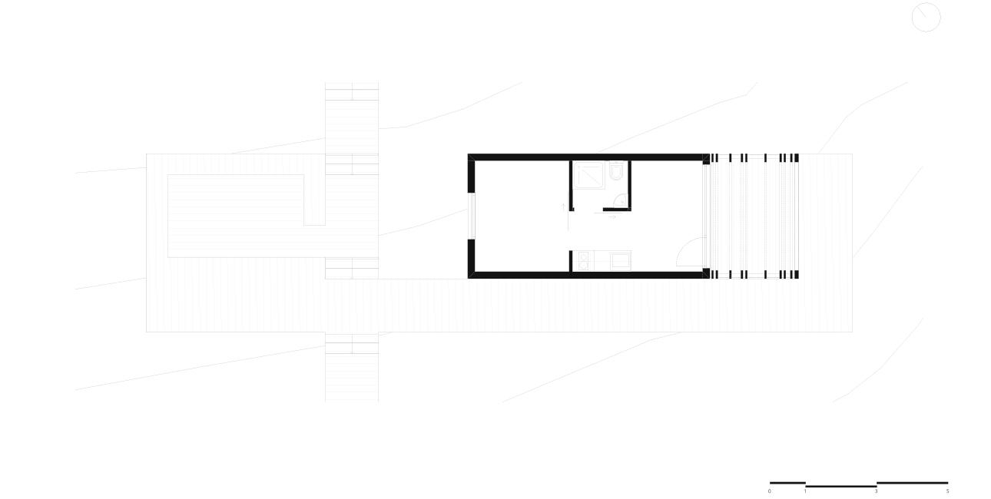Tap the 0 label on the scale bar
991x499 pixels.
coord(769,491)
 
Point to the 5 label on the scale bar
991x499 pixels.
coord(948,491)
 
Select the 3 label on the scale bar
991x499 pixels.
coord(876,491)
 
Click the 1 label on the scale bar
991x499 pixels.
coord(805,491)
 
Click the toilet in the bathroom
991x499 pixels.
coord(616,170)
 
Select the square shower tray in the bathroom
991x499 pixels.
coord(588,175)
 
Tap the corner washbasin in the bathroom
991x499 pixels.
coord(621,200)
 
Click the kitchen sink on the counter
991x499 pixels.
coord(620,261)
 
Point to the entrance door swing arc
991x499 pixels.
coord(688,247)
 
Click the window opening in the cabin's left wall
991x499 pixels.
coord(472,216)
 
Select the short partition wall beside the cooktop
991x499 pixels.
coord(571,261)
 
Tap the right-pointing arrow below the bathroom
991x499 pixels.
coord(612,217)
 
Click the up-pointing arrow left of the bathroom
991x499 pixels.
coord(563,207)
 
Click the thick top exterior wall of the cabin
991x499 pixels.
coord(588,157)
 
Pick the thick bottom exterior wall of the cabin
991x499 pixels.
coord(588,275)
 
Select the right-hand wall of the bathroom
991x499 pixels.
coord(629,185)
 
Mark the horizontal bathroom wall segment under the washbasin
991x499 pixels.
coord(617,210)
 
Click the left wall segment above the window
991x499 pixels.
coord(471,177)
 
